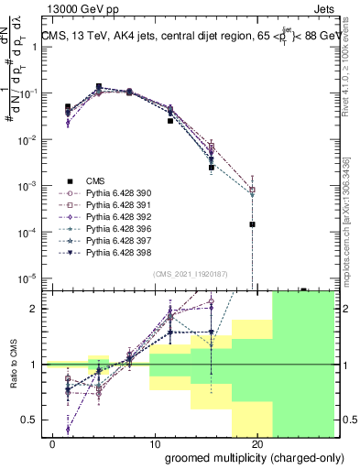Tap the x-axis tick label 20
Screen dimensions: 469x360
point(257,443)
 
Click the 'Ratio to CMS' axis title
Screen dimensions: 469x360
point(13,364)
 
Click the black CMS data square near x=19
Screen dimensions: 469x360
point(252,224)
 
